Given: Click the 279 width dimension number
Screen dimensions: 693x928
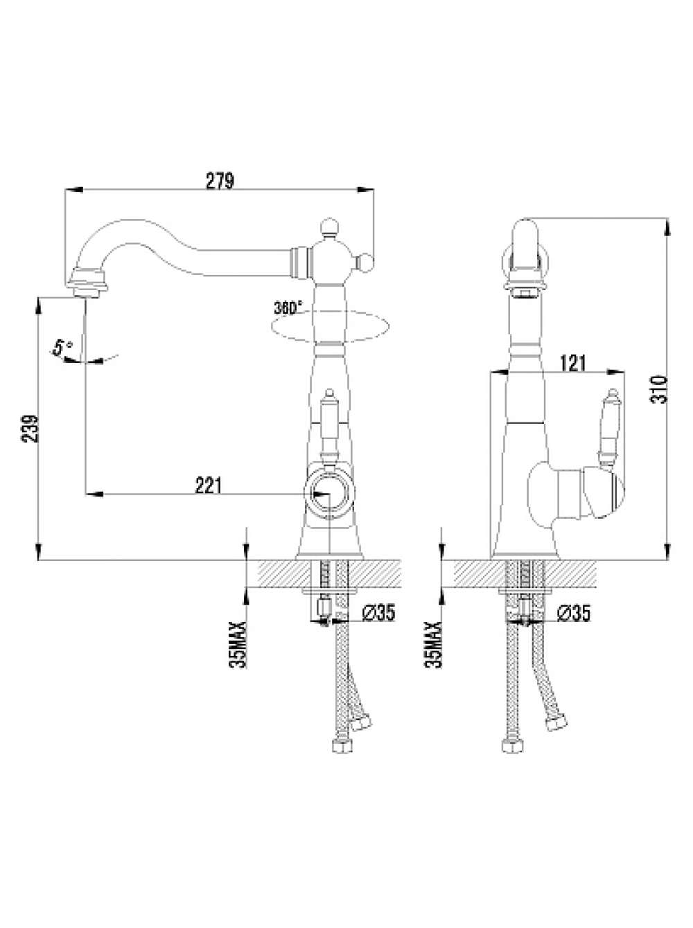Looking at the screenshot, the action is point(220,181).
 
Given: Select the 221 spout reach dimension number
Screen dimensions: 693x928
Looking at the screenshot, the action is point(208,485).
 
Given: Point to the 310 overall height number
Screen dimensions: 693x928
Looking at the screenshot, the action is point(659,389).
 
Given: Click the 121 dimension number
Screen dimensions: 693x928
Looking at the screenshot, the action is point(573,363).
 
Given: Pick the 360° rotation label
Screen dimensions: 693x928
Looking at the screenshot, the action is point(286,307).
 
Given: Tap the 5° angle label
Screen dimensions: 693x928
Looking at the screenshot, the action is point(62,347).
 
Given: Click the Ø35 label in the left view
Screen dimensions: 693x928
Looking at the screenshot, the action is point(378,613).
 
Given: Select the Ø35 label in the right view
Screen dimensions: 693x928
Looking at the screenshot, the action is point(574,613).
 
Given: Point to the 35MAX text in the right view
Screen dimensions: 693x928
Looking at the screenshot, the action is point(432,644).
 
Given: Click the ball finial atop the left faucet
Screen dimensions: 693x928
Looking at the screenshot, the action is point(328,226).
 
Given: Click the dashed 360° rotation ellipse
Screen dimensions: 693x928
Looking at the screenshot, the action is point(330,326).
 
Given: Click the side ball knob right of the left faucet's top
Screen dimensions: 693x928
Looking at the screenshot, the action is point(365,262).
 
